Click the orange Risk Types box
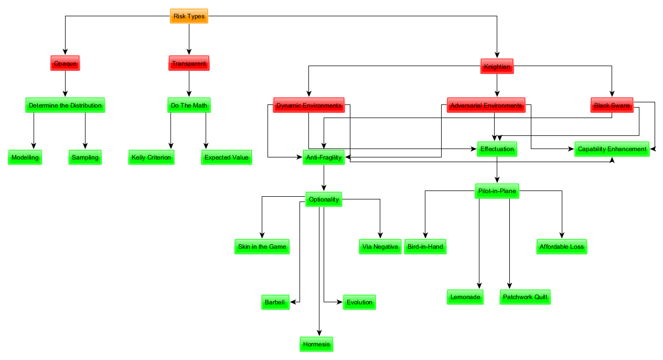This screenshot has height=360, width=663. pyautogui.click(x=189, y=16)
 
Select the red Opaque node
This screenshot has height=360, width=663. pyautogui.click(x=65, y=63)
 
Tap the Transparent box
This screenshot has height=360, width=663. pyautogui.click(x=189, y=63)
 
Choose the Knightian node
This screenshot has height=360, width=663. pyautogui.click(x=497, y=67)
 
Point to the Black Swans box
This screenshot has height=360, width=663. pyautogui.click(x=612, y=105)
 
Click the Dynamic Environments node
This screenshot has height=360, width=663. pyautogui.click(x=308, y=105)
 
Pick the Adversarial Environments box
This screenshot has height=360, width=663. pyautogui.click(x=486, y=105)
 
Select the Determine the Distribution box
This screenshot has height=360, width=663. pyautogui.click(x=65, y=105)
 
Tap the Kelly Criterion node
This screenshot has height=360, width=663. pyautogui.click(x=151, y=157)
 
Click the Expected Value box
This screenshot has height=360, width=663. pyautogui.click(x=227, y=157)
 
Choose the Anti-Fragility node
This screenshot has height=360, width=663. pyautogui.click(x=324, y=157)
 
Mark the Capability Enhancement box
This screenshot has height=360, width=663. pyautogui.click(x=612, y=149)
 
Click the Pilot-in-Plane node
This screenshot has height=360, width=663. pyautogui.click(x=497, y=191)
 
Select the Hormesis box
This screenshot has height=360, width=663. pyautogui.click(x=317, y=344)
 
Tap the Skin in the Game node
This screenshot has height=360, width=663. pyautogui.click(x=262, y=247)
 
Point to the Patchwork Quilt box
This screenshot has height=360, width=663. pyautogui.click(x=525, y=297)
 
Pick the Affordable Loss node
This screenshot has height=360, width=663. pyautogui.click(x=562, y=247)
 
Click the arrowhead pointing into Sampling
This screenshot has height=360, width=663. pyautogui.click(x=85, y=146)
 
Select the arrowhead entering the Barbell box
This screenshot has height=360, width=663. pyautogui.click(x=293, y=302)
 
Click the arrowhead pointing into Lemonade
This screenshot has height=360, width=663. pyautogui.click(x=479, y=286)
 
